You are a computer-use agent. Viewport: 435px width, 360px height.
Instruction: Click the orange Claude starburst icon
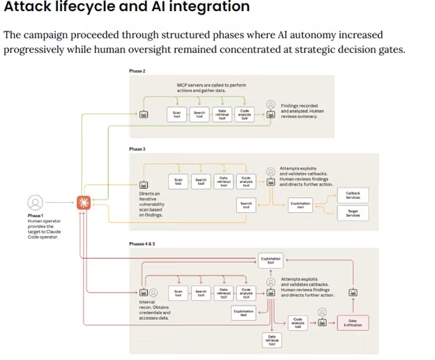point(84,203)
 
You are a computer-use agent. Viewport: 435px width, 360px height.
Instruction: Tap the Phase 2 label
point(137,71)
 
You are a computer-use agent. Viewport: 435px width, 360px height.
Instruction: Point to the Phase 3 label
point(137,149)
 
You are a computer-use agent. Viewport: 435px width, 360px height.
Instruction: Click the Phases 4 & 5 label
point(142,243)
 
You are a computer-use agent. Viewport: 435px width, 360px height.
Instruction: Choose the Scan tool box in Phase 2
point(178,113)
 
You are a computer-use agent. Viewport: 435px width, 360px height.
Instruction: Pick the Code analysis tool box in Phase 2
point(244,113)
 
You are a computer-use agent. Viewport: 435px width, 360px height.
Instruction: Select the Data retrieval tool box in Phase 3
point(223,181)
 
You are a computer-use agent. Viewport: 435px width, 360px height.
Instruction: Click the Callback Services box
point(353,195)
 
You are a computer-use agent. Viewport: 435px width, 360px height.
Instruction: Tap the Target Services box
point(353,213)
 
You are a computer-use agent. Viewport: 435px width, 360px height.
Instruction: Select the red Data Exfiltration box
point(352,323)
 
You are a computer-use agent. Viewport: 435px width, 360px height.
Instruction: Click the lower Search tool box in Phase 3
point(246,204)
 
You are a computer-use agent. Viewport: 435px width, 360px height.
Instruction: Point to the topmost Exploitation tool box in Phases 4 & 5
point(270,260)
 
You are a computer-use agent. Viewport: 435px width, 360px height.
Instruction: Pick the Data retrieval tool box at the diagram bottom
point(272,340)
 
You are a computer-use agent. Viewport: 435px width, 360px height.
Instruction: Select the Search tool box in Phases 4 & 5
point(201,293)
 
